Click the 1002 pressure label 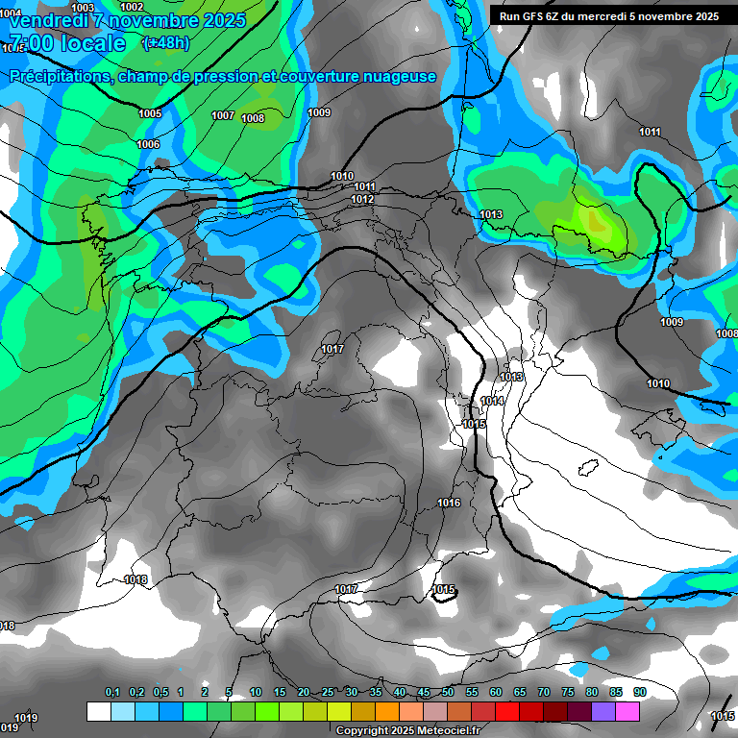click(132, 7)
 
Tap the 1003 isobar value click(84, 8)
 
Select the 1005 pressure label click(150, 113)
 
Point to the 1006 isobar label click(148, 144)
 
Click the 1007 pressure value click(223, 115)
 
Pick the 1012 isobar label click(362, 199)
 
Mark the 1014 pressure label click(492, 402)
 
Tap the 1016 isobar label click(449, 503)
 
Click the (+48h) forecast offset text click(165, 42)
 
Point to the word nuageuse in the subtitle click(399, 76)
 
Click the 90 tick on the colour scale click(640, 693)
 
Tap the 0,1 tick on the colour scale click(112, 693)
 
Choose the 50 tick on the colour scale click(448, 693)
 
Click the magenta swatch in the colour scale click(627, 711)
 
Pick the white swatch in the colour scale click(98, 711)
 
